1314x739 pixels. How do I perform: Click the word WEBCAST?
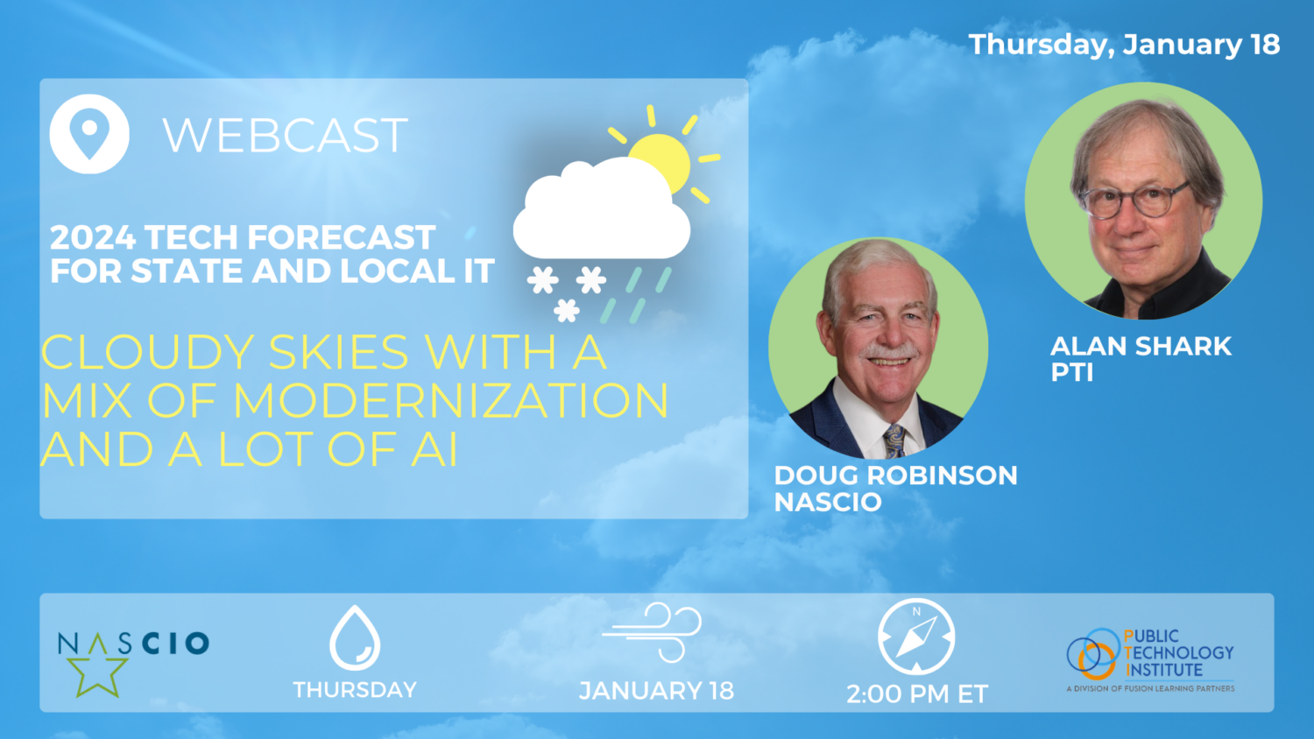click(x=285, y=135)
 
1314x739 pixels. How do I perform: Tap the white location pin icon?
click(x=89, y=134)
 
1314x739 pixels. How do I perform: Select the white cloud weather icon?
click(x=601, y=209)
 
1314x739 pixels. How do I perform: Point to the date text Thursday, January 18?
click(x=1124, y=45)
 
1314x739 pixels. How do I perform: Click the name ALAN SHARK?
click(x=1141, y=346)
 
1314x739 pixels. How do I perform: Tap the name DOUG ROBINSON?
click(x=896, y=475)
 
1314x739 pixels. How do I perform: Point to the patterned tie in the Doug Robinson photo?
click(x=894, y=441)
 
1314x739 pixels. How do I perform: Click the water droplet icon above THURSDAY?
click(x=355, y=637)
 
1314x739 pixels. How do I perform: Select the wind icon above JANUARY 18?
click(x=652, y=632)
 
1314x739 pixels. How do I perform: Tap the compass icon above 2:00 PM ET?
click(x=916, y=637)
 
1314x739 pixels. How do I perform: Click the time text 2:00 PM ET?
click(x=917, y=693)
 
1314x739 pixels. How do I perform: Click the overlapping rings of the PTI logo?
click(x=1093, y=653)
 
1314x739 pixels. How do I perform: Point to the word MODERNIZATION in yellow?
click(x=450, y=401)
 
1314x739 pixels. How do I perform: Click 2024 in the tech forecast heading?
click(x=93, y=237)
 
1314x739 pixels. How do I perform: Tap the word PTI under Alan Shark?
click(x=1071, y=372)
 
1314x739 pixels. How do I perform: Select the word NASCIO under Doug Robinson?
click(x=828, y=502)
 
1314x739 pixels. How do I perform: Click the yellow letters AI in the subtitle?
click(x=434, y=450)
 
